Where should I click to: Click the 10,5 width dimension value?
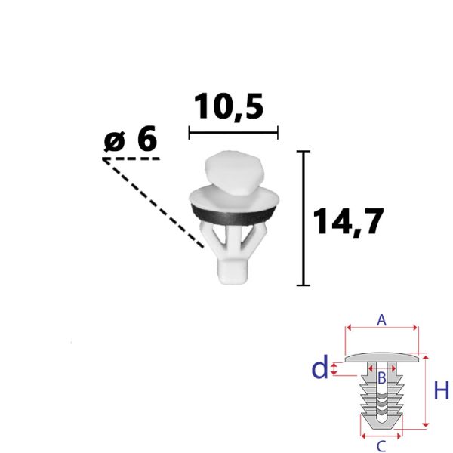pyautogui.click(x=229, y=106)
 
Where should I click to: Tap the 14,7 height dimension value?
pyautogui.click(x=348, y=221)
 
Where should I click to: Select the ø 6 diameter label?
pyautogui.click(x=131, y=139)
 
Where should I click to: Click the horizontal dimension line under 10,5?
pyautogui.click(x=233, y=133)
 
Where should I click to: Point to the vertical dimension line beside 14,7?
pyautogui.click(x=304, y=218)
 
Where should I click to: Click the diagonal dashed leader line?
pyautogui.click(x=153, y=203)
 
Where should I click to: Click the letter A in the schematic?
pyautogui.click(x=381, y=320)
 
